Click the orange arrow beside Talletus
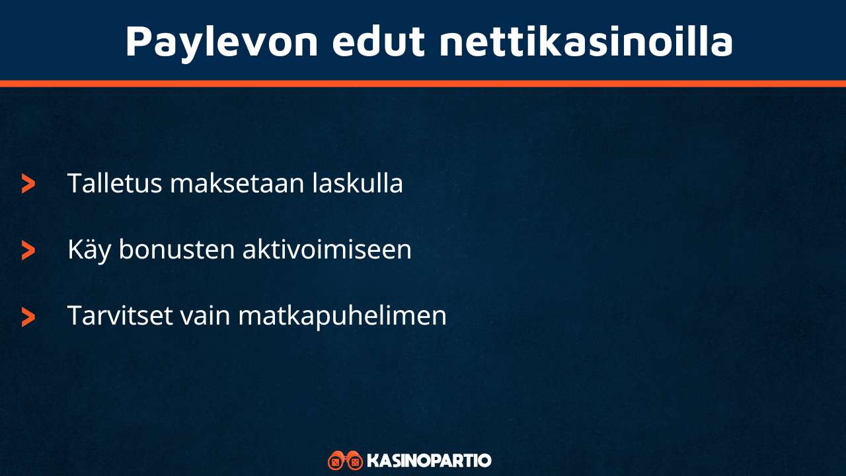coord(28,184)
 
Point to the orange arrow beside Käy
coord(28,250)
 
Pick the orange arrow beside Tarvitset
coord(28,317)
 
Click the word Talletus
coord(114,184)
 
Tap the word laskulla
coord(358,184)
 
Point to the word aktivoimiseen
coord(327,250)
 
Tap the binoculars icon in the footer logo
coord(345,460)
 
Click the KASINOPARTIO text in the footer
coord(429,460)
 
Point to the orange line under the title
coord(423,84)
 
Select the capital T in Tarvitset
coord(74,315)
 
